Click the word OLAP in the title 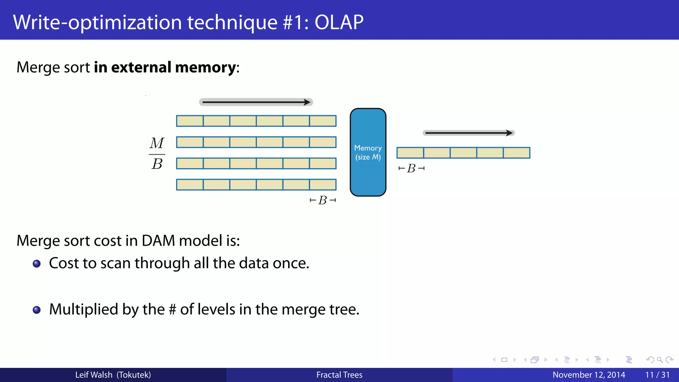pyautogui.click(x=339, y=23)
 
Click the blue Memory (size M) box pyautogui.click(x=368, y=152)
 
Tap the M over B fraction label pyautogui.click(x=157, y=154)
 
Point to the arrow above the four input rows pyautogui.click(x=256, y=102)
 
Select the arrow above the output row pyautogui.click(x=468, y=133)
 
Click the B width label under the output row pyautogui.click(x=411, y=168)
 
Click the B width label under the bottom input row pyautogui.click(x=322, y=200)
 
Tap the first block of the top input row pyautogui.click(x=190, y=121)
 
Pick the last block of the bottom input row pyautogui.click(x=323, y=185)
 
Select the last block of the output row pyautogui.click(x=517, y=153)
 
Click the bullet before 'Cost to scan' pyautogui.click(x=37, y=264)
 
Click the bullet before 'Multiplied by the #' pyautogui.click(x=37, y=310)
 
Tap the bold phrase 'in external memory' pyautogui.click(x=165, y=67)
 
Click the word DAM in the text pyautogui.click(x=158, y=241)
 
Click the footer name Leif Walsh pyautogui.click(x=94, y=375)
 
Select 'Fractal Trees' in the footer pyautogui.click(x=339, y=375)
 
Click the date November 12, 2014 pyautogui.click(x=588, y=375)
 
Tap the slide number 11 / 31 pyautogui.click(x=657, y=375)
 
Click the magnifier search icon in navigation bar pyautogui.click(x=659, y=360)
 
